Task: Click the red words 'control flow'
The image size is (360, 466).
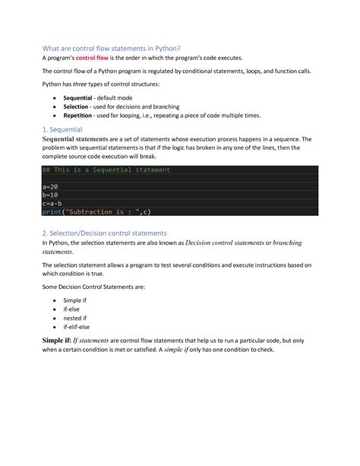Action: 94,59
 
